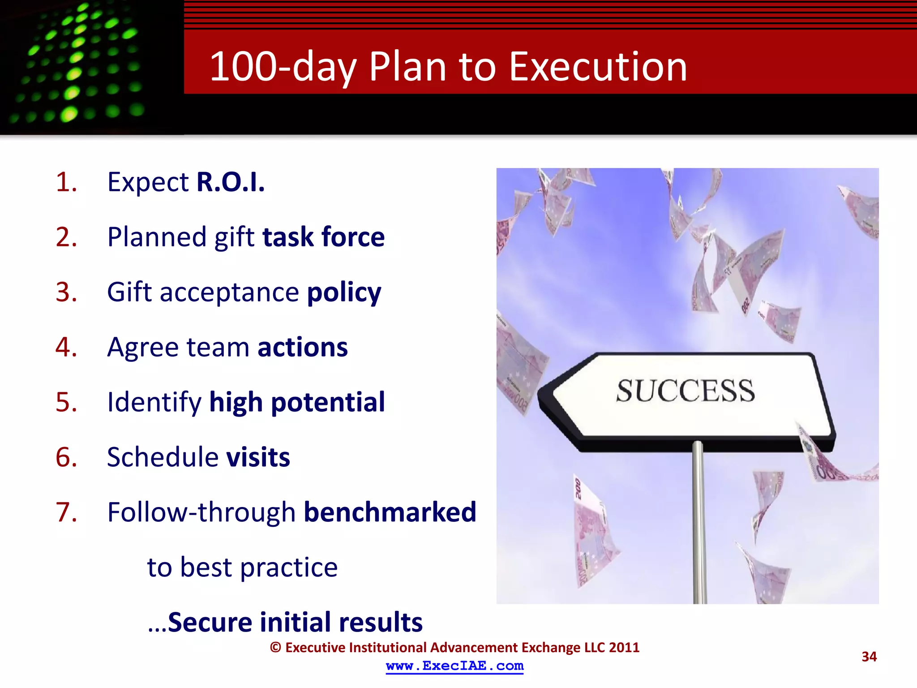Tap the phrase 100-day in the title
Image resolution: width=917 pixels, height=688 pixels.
(283, 67)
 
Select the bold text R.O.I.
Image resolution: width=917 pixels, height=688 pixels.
(231, 182)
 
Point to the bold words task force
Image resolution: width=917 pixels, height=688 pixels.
(323, 237)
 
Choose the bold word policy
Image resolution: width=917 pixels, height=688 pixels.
(344, 292)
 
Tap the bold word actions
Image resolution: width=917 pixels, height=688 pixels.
(303, 347)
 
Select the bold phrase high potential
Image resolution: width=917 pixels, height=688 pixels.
(297, 402)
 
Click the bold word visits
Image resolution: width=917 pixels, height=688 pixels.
(258, 457)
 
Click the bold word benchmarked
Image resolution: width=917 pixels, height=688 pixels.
(390, 512)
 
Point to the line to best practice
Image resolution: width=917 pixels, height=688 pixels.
(242, 568)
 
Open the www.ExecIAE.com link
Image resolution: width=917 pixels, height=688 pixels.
(454, 666)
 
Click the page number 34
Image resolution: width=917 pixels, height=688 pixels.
(869, 657)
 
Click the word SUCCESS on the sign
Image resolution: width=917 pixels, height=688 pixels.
(685, 391)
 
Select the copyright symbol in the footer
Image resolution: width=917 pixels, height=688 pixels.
(275, 648)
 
